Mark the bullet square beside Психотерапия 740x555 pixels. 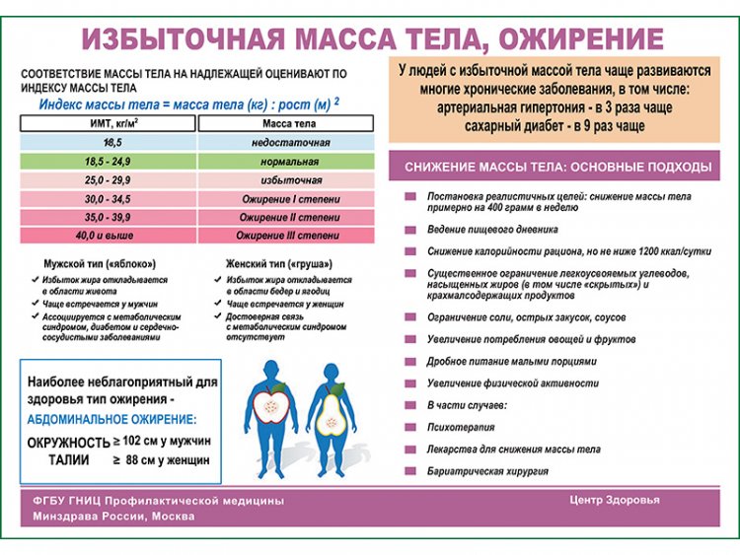click(x=408, y=427)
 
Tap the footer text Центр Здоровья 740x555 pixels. click(x=614, y=499)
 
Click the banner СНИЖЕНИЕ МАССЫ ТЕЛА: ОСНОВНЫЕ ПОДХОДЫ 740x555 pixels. click(x=557, y=167)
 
